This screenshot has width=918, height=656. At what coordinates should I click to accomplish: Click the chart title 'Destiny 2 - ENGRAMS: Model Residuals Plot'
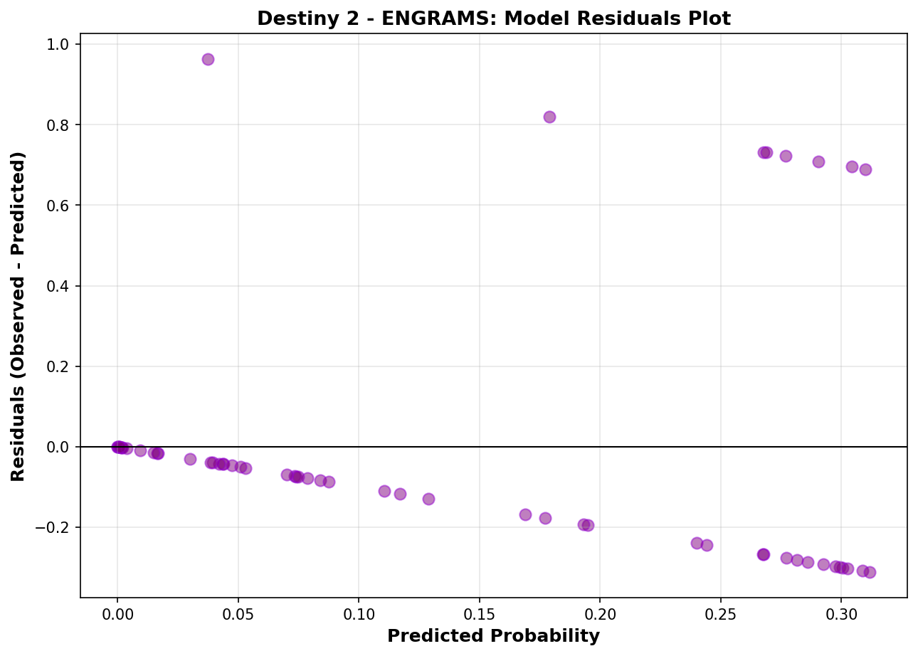[x=493, y=18]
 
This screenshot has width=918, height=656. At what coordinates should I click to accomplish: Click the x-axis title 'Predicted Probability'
[x=493, y=636]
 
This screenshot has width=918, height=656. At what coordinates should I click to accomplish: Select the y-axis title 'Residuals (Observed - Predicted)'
[x=19, y=316]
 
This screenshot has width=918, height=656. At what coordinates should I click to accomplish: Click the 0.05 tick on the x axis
[x=238, y=613]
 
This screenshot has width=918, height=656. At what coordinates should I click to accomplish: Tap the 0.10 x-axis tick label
[x=359, y=613]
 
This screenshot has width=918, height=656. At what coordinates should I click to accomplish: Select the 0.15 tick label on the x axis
[x=480, y=613]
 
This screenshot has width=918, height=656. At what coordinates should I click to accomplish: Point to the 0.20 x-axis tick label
[x=600, y=613]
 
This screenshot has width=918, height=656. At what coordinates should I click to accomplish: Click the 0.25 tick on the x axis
[x=721, y=613]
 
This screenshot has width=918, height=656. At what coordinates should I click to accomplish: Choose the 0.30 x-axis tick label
[x=841, y=613]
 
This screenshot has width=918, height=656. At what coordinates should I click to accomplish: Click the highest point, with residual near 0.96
[x=208, y=59]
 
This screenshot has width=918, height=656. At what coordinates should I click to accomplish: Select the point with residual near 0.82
[x=549, y=117]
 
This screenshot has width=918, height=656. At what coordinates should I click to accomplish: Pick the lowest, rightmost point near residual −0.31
[x=870, y=572]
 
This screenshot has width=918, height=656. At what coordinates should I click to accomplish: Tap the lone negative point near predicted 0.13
[x=428, y=499]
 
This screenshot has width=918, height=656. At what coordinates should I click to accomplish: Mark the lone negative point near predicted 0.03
[x=190, y=459]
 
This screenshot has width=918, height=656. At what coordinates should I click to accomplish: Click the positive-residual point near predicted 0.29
[x=818, y=162]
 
